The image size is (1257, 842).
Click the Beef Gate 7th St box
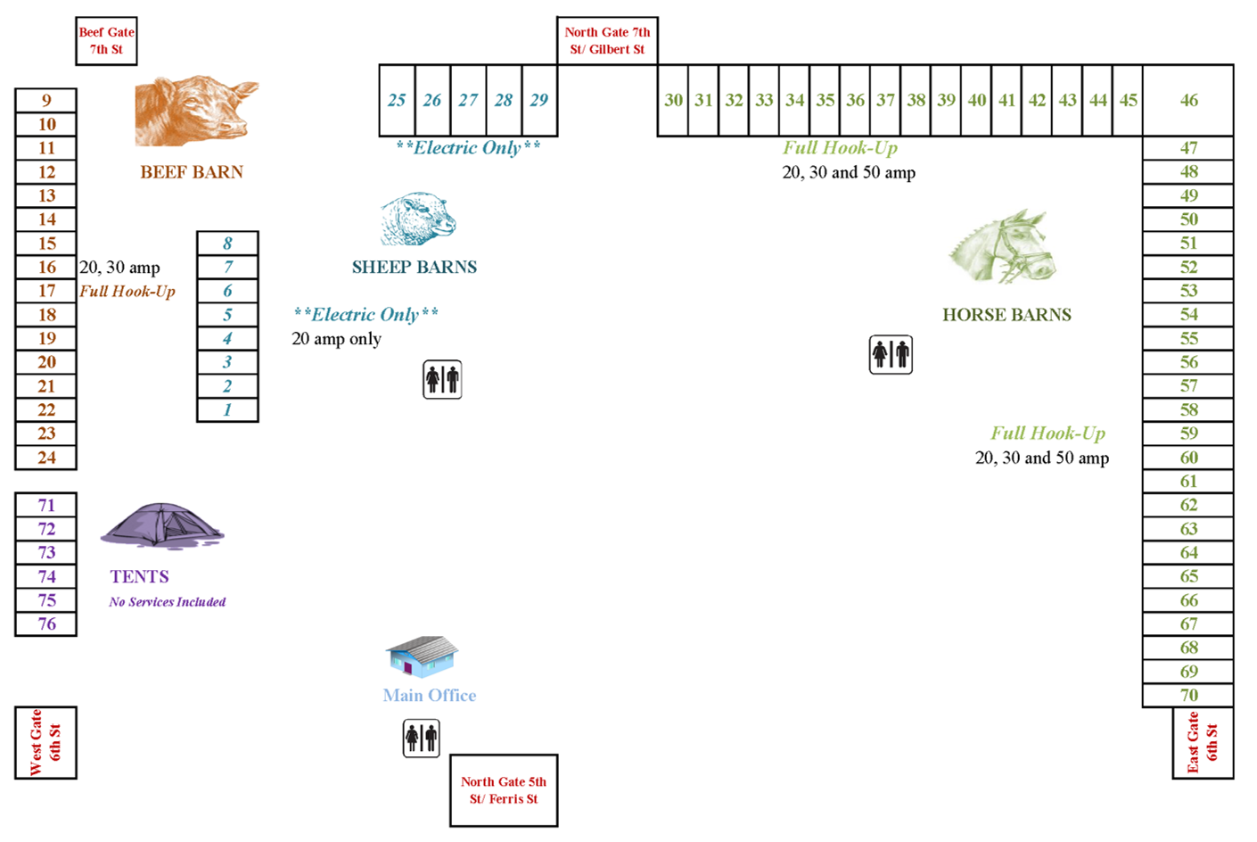[106, 41]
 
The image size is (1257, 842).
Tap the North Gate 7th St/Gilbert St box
[607, 41]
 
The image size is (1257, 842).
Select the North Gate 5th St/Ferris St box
[504, 790]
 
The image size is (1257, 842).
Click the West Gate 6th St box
[45, 742]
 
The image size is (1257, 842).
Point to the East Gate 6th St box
[1203, 742]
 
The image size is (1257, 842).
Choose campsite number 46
[1188, 100]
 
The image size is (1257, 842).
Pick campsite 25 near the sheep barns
[397, 100]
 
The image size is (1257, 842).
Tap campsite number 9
[46, 100]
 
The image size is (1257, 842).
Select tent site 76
[46, 624]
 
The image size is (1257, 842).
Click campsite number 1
[227, 410]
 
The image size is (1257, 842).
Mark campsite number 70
[1188, 695]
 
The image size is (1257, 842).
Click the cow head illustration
[196, 111]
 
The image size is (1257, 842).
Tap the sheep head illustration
[418, 219]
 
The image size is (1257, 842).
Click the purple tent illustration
[162, 525]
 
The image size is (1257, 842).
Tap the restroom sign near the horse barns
[891, 355]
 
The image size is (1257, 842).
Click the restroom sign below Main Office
[421, 739]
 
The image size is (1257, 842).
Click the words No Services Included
[168, 602]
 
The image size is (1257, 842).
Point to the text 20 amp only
[337, 339]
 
